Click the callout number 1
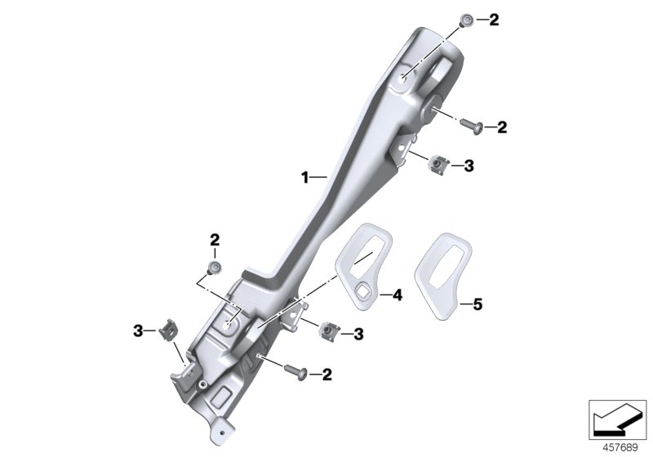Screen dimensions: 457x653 pos(305,176)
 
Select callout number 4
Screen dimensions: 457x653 pos(398,295)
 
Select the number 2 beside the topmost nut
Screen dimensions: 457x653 pos(493,20)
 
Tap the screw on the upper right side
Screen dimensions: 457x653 pos(473,126)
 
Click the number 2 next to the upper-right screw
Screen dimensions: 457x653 pos(502,126)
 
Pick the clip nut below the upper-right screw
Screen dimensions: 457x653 pos(438,166)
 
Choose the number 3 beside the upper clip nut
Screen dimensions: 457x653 pos(468,166)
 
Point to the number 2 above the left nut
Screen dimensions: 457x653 pos(215,240)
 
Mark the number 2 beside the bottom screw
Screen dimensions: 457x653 pos(326,375)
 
